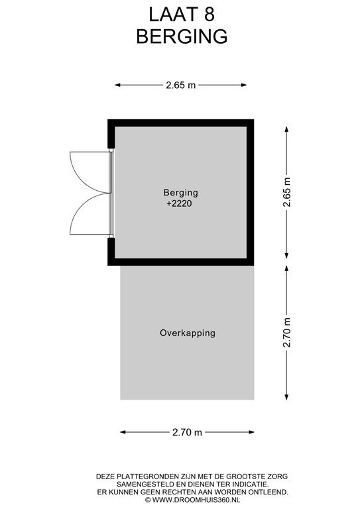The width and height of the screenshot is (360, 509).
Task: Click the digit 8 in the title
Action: (210, 15)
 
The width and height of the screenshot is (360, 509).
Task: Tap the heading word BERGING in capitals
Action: (182, 36)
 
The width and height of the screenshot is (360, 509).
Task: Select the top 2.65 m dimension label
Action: (181, 85)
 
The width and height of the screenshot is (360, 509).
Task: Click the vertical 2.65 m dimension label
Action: (286, 192)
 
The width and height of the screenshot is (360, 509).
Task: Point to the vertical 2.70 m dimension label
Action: (286, 333)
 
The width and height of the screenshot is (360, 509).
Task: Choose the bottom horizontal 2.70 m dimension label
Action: (188, 432)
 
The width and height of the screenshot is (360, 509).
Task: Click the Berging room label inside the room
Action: (180, 192)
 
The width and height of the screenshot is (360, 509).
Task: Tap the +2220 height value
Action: (179, 203)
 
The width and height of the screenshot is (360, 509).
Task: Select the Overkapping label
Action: (188, 333)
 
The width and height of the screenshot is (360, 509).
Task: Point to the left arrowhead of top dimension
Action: (118, 85)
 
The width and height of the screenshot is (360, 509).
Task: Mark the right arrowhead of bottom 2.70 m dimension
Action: (251, 432)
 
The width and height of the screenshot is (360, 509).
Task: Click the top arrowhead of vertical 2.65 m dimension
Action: (286, 129)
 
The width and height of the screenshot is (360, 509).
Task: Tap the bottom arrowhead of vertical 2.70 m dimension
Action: (286, 397)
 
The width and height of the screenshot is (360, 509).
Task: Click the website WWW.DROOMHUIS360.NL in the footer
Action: (196, 500)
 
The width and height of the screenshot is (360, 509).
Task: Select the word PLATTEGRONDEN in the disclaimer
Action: (143, 477)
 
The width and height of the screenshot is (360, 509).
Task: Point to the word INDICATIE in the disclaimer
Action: (251, 484)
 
